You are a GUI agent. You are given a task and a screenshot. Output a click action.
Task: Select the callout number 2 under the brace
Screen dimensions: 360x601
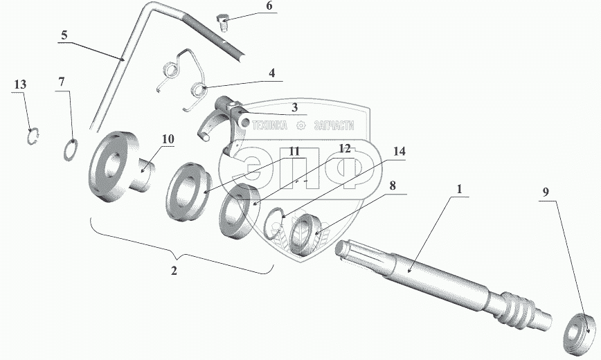pyautogui.click(x=174, y=270)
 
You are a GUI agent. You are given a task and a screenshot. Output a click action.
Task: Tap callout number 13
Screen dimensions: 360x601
pyautogui.click(x=20, y=84)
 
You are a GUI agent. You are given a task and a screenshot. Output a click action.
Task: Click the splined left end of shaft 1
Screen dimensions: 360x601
pyautogui.click(x=349, y=250)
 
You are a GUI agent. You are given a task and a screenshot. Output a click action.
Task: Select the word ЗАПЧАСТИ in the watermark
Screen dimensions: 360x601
pyautogui.click(x=333, y=125)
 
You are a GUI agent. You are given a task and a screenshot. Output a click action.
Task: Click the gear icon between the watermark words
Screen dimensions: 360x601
pyautogui.click(x=300, y=125)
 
